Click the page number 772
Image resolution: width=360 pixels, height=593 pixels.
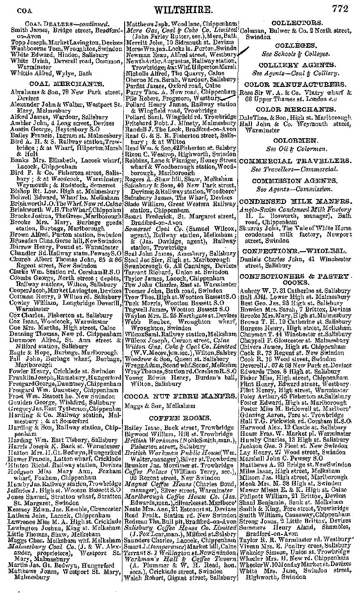341,8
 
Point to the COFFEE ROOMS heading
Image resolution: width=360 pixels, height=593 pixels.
180,418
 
